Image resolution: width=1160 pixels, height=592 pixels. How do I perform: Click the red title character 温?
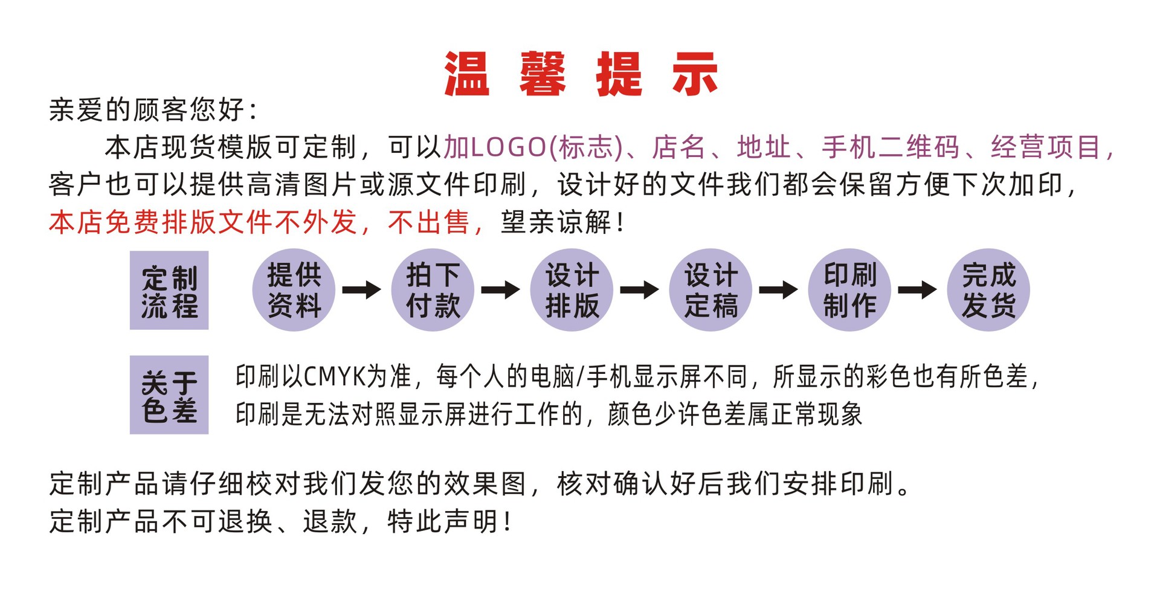coord(466,74)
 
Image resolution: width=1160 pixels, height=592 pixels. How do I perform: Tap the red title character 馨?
coord(543,74)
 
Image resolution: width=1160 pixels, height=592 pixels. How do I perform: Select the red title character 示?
coord(695,74)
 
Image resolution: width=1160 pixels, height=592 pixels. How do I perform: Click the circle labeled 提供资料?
coord(294,290)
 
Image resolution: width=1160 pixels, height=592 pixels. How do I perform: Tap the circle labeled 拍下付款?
coord(433,290)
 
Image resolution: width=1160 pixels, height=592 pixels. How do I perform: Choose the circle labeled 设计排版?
coord(572,290)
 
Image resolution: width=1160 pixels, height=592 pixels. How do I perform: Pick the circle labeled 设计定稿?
coord(710,290)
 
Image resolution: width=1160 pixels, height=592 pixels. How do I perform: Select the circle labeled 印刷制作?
coord(849,290)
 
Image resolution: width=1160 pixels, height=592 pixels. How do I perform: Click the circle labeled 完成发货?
coord(988,290)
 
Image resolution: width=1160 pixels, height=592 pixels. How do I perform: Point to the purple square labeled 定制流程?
coord(169,291)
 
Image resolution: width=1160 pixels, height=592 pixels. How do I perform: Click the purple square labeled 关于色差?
coord(169,395)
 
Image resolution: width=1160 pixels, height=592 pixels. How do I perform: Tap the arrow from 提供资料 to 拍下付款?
coord(362,290)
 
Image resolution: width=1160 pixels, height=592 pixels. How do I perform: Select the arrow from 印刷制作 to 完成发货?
coord(918,290)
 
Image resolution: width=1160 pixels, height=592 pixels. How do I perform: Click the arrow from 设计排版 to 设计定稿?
coord(640,290)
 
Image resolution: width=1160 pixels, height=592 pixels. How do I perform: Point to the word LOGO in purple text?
coord(508,147)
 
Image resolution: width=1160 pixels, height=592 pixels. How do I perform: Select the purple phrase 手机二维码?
coord(891,147)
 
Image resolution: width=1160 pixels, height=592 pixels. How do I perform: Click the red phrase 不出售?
coord(429,222)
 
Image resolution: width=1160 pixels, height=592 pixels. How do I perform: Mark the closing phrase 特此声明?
coord(443,521)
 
